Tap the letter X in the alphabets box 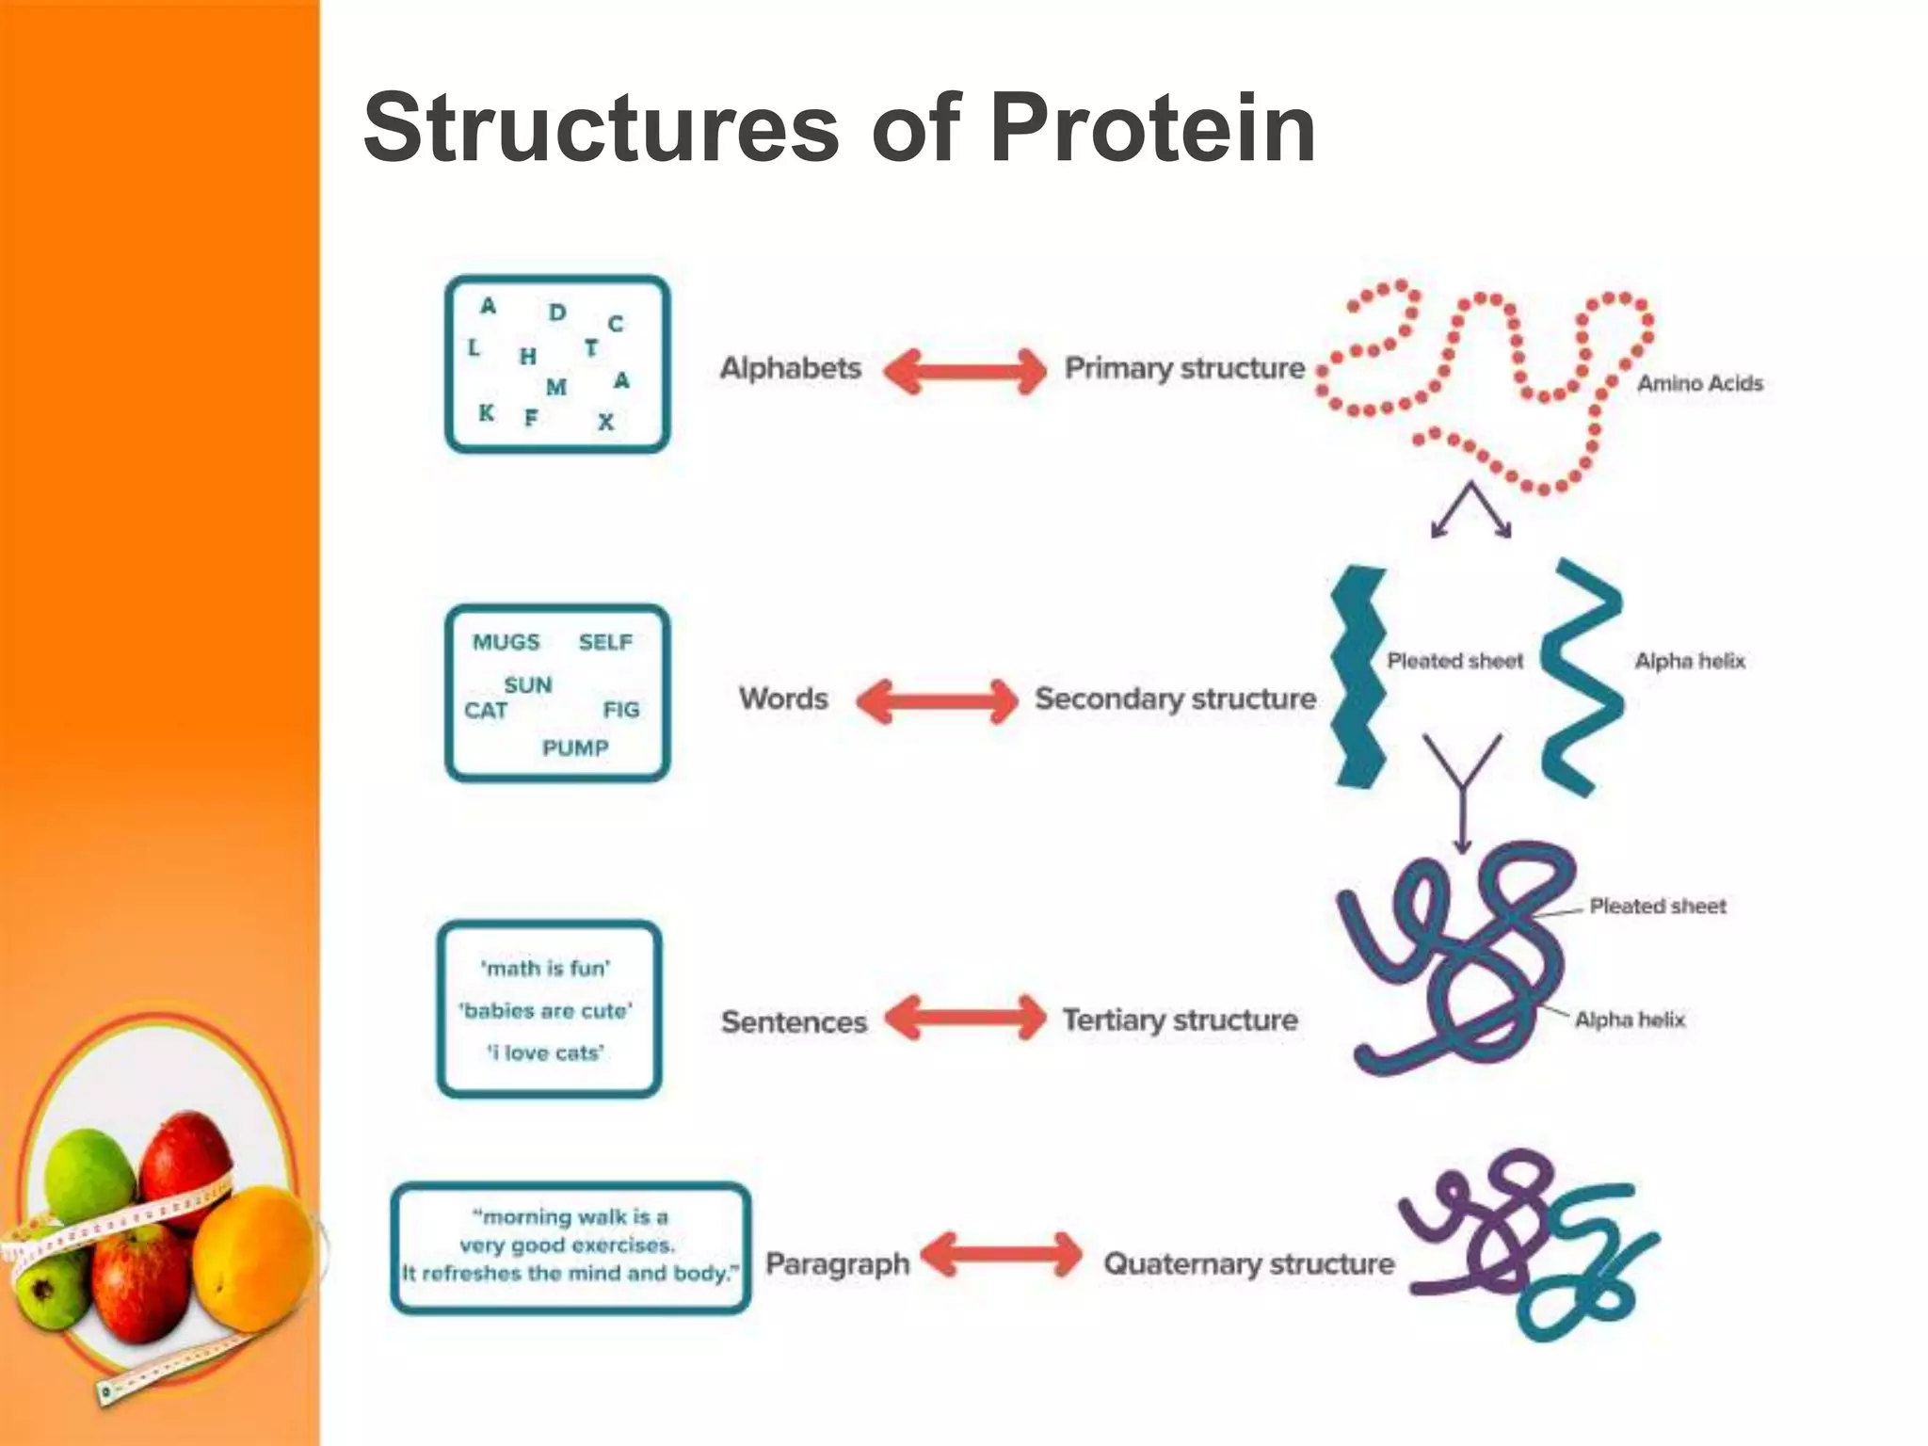(x=606, y=423)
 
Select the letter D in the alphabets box (x=557, y=313)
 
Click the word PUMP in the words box (x=575, y=748)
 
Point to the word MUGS (x=506, y=642)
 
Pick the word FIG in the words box (x=621, y=710)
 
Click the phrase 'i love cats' (x=546, y=1052)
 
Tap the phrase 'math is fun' (x=546, y=968)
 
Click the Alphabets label (x=790, y=368)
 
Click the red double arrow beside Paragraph (x=1001, y=1255)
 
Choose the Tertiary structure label (x=1180, y=1020)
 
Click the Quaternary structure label (x=1248, y=1263)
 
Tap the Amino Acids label (x=1699, y=383)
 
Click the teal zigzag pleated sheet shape (x=1358, y=678)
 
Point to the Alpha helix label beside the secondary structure (x=1690, y=661)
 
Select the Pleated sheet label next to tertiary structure (x=1657, y=907)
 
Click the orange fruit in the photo (x=254, y=1257)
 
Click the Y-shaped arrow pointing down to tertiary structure (x=1462, y=791)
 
